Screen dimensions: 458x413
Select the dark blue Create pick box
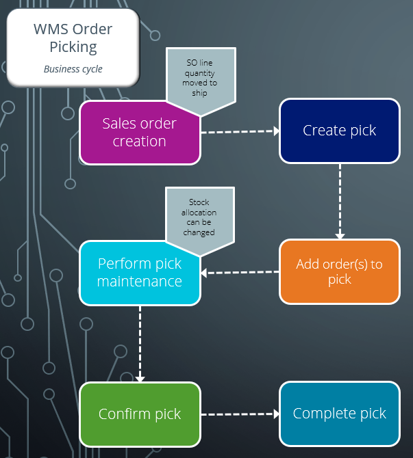pos(339,131)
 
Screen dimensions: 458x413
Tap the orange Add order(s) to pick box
pos(339,271)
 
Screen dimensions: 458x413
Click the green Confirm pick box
pos(140,414)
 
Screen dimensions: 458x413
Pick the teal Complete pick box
pos(339,414)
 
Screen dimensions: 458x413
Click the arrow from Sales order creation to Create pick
pos(240,131)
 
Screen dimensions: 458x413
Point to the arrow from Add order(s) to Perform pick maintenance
pos(240,272)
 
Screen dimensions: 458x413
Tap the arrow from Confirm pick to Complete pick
pos(240,414)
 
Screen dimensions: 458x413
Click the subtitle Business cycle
pos(73,69)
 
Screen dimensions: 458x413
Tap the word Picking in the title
pos(73,47)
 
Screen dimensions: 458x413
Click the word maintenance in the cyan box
pos(140,282)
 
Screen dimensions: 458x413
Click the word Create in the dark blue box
pos(323,131)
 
